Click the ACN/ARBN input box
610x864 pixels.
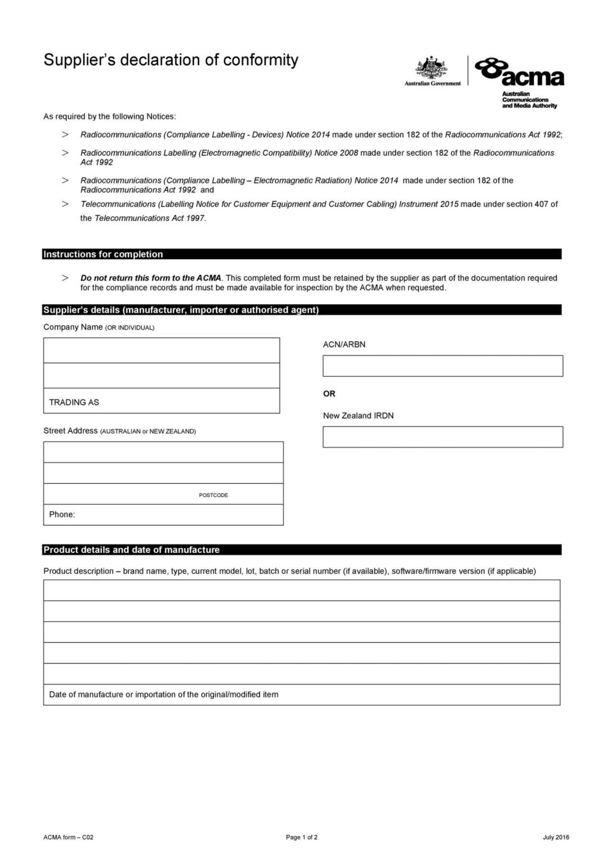click(x=442, y=366)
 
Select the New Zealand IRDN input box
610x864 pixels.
click(x=442, y=437)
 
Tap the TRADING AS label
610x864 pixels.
click(x=74, y=402)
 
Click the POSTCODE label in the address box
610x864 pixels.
click(x=214, y=495)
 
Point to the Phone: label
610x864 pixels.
click(x=62, y=514)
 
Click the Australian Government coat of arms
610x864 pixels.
click(x=431, y=69)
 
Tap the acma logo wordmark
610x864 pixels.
click(x=520, y=73)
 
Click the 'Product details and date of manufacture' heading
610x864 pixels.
click(x=132, y=550)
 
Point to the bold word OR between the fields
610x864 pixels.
click(x=329, y=394)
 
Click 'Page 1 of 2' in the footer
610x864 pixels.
click(x=302, y=837)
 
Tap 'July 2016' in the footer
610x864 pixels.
click(x=556, y=837)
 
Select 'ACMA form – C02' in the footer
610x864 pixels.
click(x=69, y=837)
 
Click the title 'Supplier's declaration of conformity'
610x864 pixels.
click(x=171, y=60)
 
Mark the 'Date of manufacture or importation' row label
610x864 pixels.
click(x=164, y=694)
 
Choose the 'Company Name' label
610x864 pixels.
click(x=73, y=327)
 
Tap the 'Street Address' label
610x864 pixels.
click(x=71, y=431)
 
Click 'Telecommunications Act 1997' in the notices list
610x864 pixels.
click(x=150, y=218)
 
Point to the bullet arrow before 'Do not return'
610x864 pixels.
click(x=66, y=277)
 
